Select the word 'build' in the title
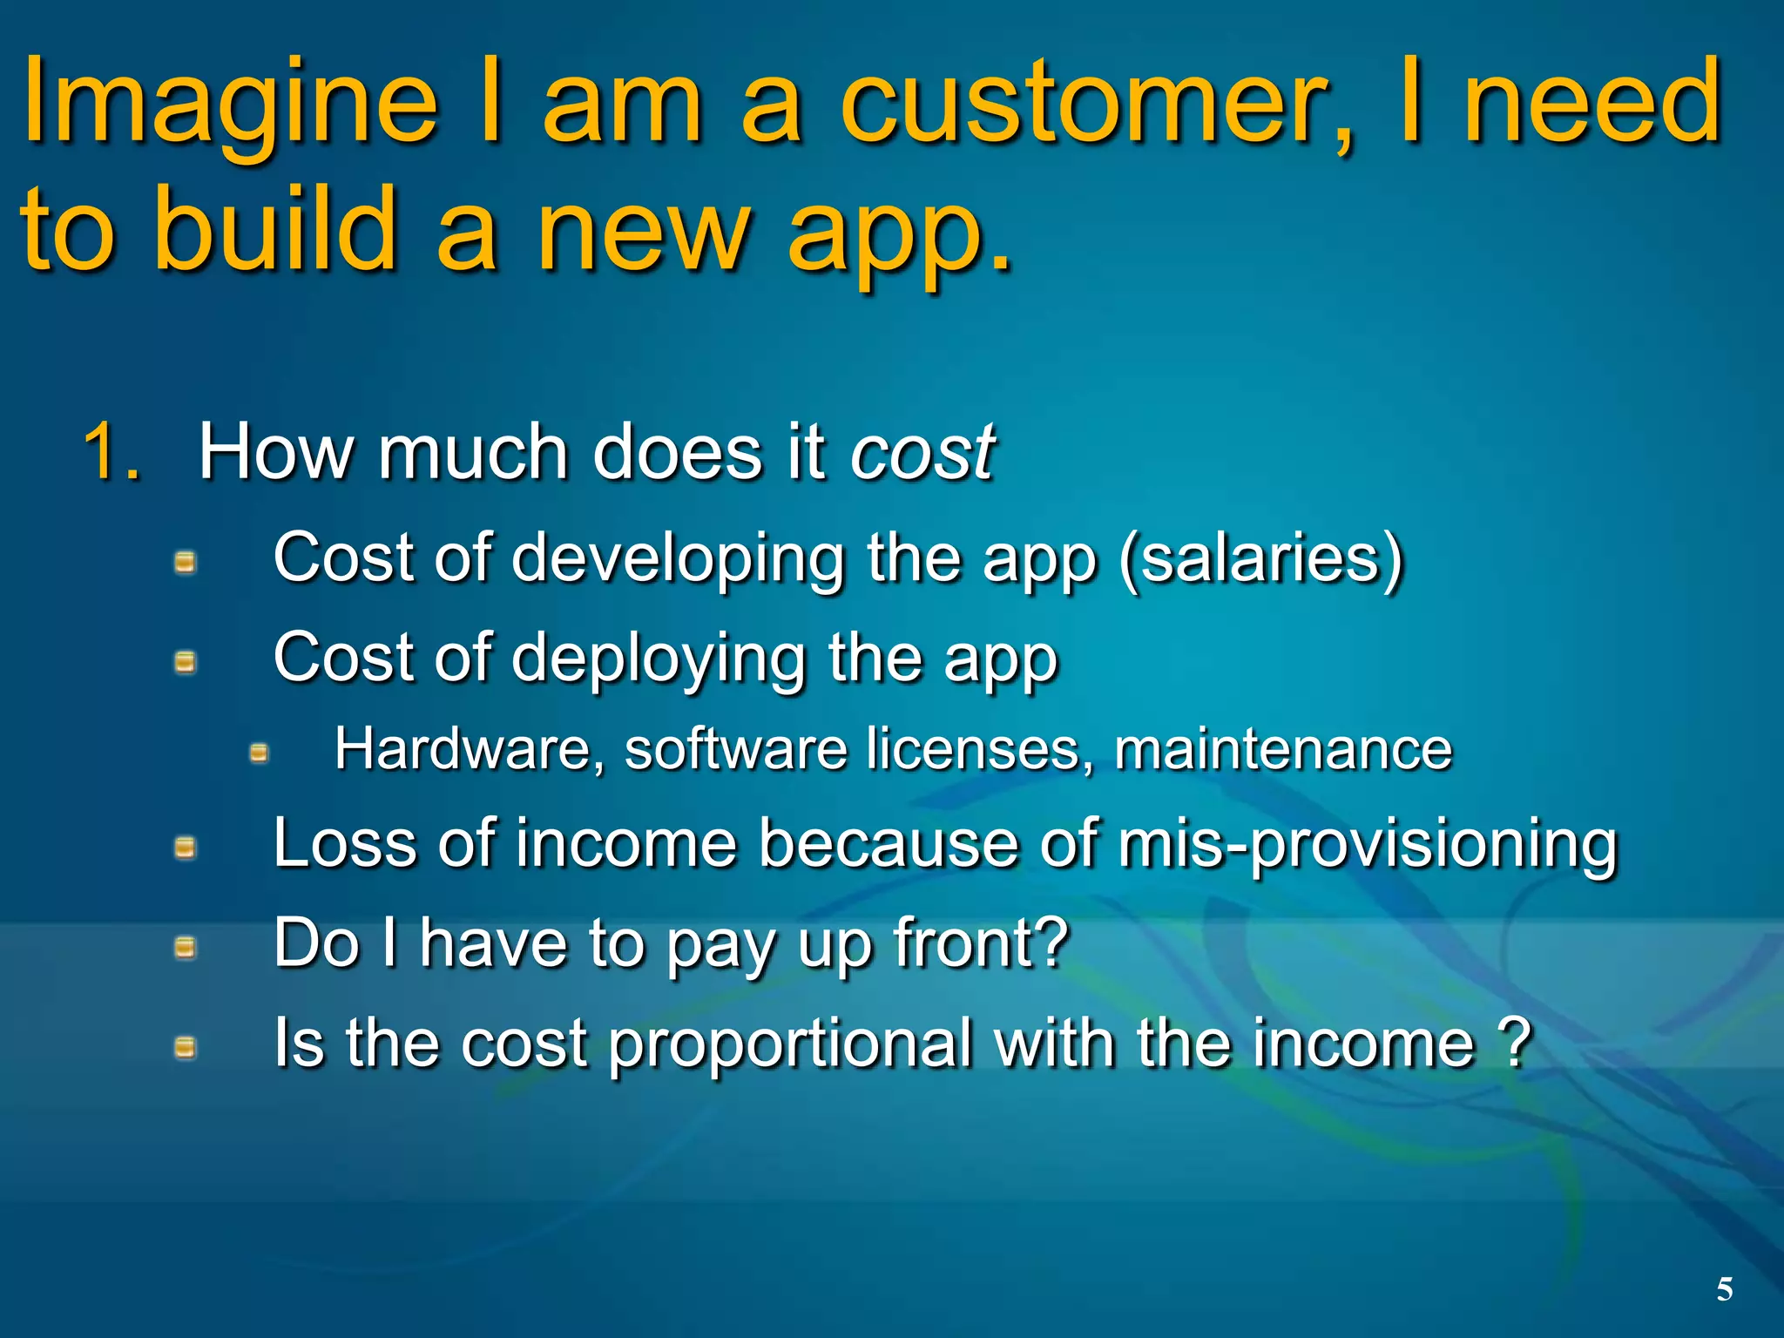[x=274, y=232]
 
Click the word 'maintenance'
[x=1283, y=749]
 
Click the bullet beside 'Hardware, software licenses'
[x=259, y=753]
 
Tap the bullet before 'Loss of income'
[x=185, y=848]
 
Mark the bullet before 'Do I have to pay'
[x=185, y=947]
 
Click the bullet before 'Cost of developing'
[x=185, y=563]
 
